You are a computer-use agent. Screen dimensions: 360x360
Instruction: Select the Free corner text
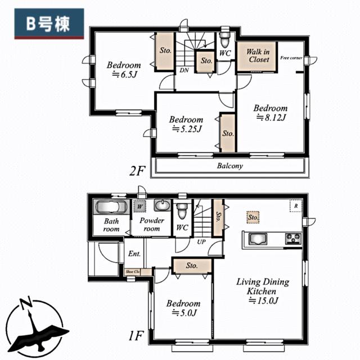click(x=291, y=58)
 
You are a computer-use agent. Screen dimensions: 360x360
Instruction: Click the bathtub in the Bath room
click(x=111, y=206)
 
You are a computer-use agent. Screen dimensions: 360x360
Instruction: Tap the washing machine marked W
click(x=138, y=206)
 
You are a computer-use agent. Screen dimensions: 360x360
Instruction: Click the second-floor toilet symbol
click(x=225, y=39)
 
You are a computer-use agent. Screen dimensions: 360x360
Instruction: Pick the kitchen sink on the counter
click(x=259, y=238)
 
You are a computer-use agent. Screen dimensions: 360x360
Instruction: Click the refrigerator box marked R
click(x=295, y=206)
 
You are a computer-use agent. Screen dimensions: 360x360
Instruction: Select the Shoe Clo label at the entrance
click(x=132, y=272)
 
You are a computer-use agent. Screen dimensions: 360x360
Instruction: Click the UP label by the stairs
click(x=200, y=242)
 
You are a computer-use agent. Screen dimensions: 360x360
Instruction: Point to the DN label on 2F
click(x=184, y=70)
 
